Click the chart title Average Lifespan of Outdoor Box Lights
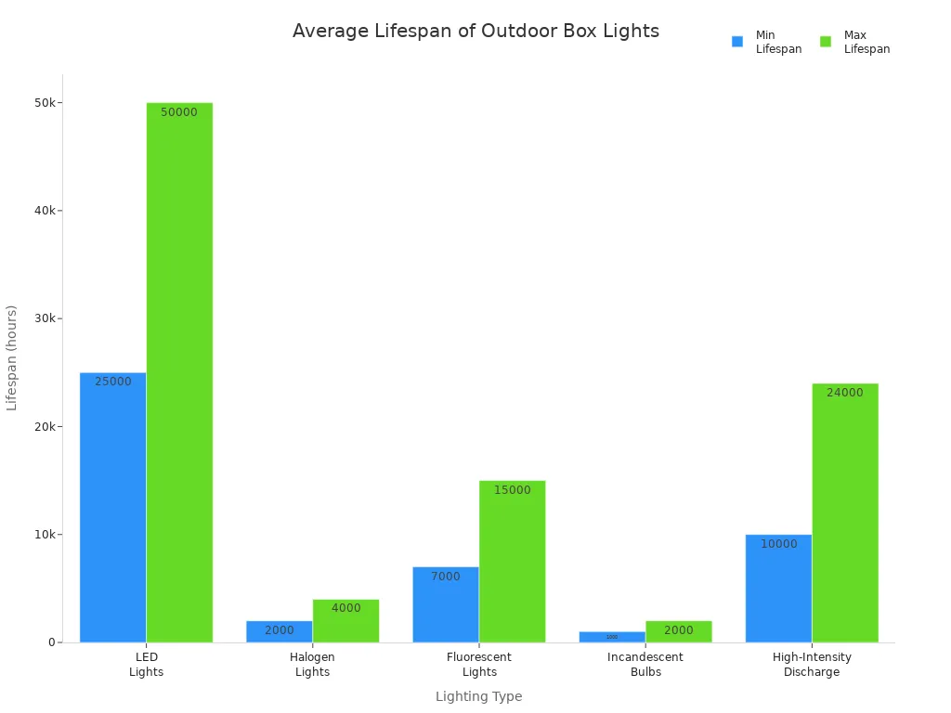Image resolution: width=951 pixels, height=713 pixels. coord(475,32)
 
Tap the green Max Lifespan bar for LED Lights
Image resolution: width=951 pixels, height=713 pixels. coord(179,371)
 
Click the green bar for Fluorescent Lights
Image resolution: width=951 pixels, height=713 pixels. coord(512,561)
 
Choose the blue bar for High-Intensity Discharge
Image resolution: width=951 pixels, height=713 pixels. coord(778,589)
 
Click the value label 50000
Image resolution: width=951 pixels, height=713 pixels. coord(179,112)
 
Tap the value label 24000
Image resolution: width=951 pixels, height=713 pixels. coord(845,393)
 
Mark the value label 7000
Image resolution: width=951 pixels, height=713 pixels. coord(446,577)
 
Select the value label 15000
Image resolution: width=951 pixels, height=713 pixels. coord(513,490)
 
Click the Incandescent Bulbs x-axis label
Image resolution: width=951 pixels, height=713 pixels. coord(645,664)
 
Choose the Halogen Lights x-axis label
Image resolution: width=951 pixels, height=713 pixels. coord(312,664)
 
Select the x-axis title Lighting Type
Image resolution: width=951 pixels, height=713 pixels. coord(479,696)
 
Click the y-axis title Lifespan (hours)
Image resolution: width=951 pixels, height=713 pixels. coord(12,357)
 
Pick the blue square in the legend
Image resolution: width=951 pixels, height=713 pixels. coord(737,42)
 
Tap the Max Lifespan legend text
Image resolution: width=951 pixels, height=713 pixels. coord(866,42)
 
